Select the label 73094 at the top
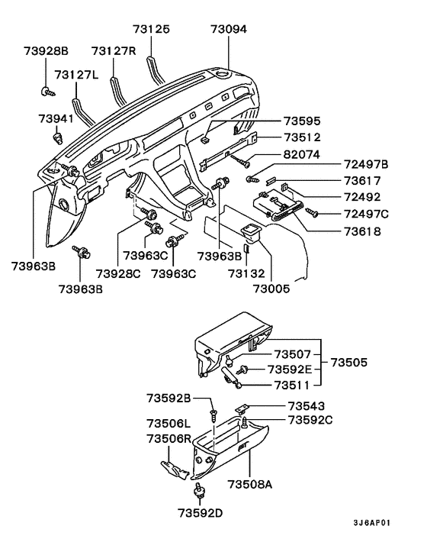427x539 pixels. point(230,29)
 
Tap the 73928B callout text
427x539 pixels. point(46,50)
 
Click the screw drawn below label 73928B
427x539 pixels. point(45,91)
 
